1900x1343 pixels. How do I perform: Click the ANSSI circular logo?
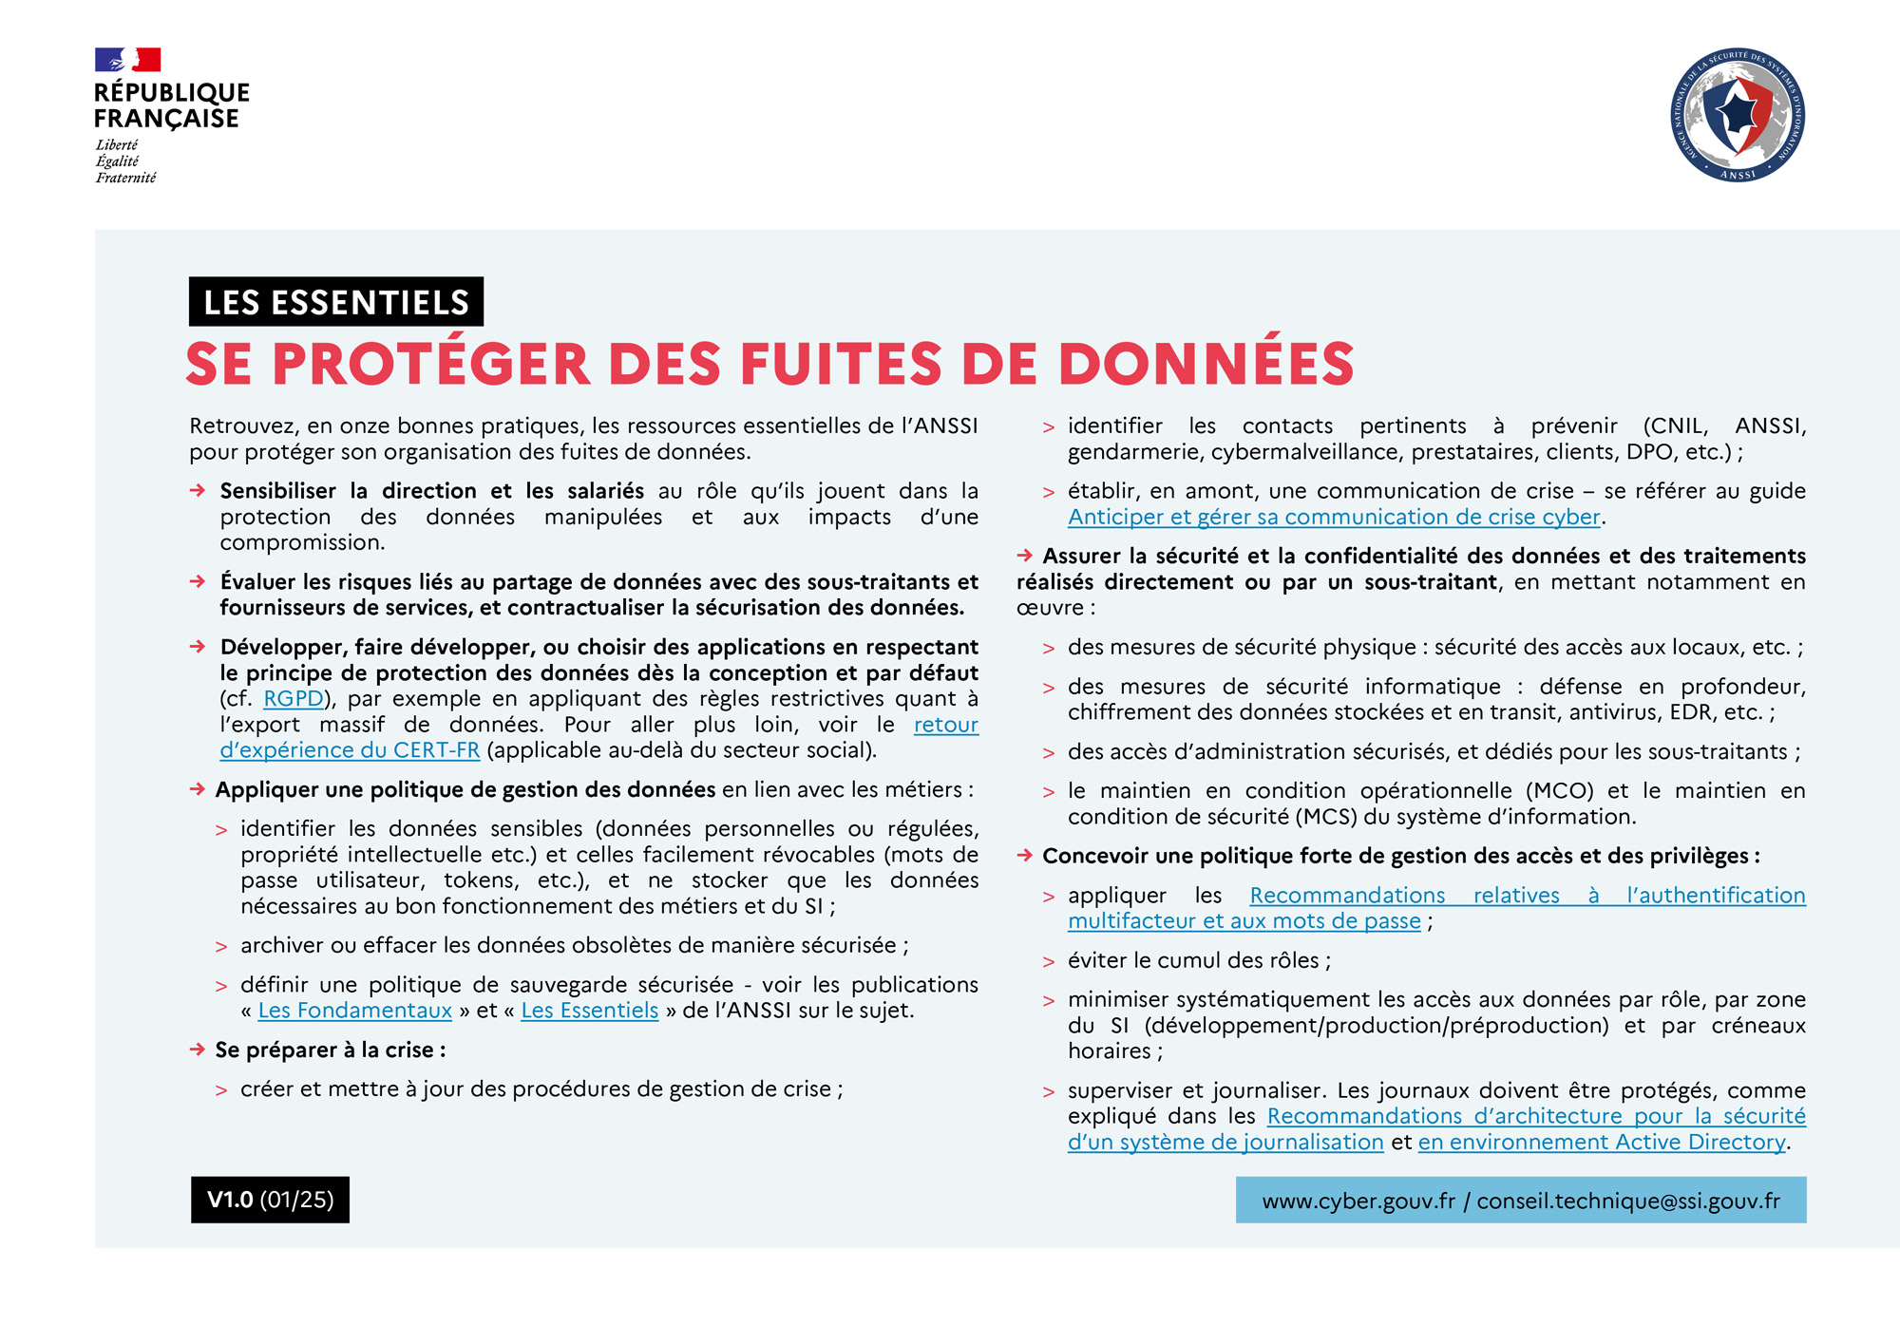[1738, 115]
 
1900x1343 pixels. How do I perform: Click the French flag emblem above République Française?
[127, 60]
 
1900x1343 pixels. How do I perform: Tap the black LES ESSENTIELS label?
[336, 302]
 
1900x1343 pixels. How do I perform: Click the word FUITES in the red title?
[840, 364]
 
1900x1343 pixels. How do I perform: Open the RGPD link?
[294, 699]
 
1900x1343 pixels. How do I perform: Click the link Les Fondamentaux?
[354, 1011]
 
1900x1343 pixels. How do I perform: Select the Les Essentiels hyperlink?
[589, 1011]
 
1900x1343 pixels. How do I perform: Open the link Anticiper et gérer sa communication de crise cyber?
[1333, 518]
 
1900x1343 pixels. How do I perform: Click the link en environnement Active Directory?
[1601, 1143]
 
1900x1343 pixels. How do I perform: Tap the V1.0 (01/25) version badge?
[270, 1200]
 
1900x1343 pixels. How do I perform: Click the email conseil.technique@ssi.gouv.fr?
[1628, 1201]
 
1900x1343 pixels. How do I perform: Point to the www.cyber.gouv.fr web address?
[1358, 1201]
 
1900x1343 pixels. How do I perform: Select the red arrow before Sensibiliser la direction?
[198, 491]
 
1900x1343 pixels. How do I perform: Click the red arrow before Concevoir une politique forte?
[1025, 856]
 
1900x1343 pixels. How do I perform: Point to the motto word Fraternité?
[125, 178]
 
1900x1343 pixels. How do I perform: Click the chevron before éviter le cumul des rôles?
[1049, 962]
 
